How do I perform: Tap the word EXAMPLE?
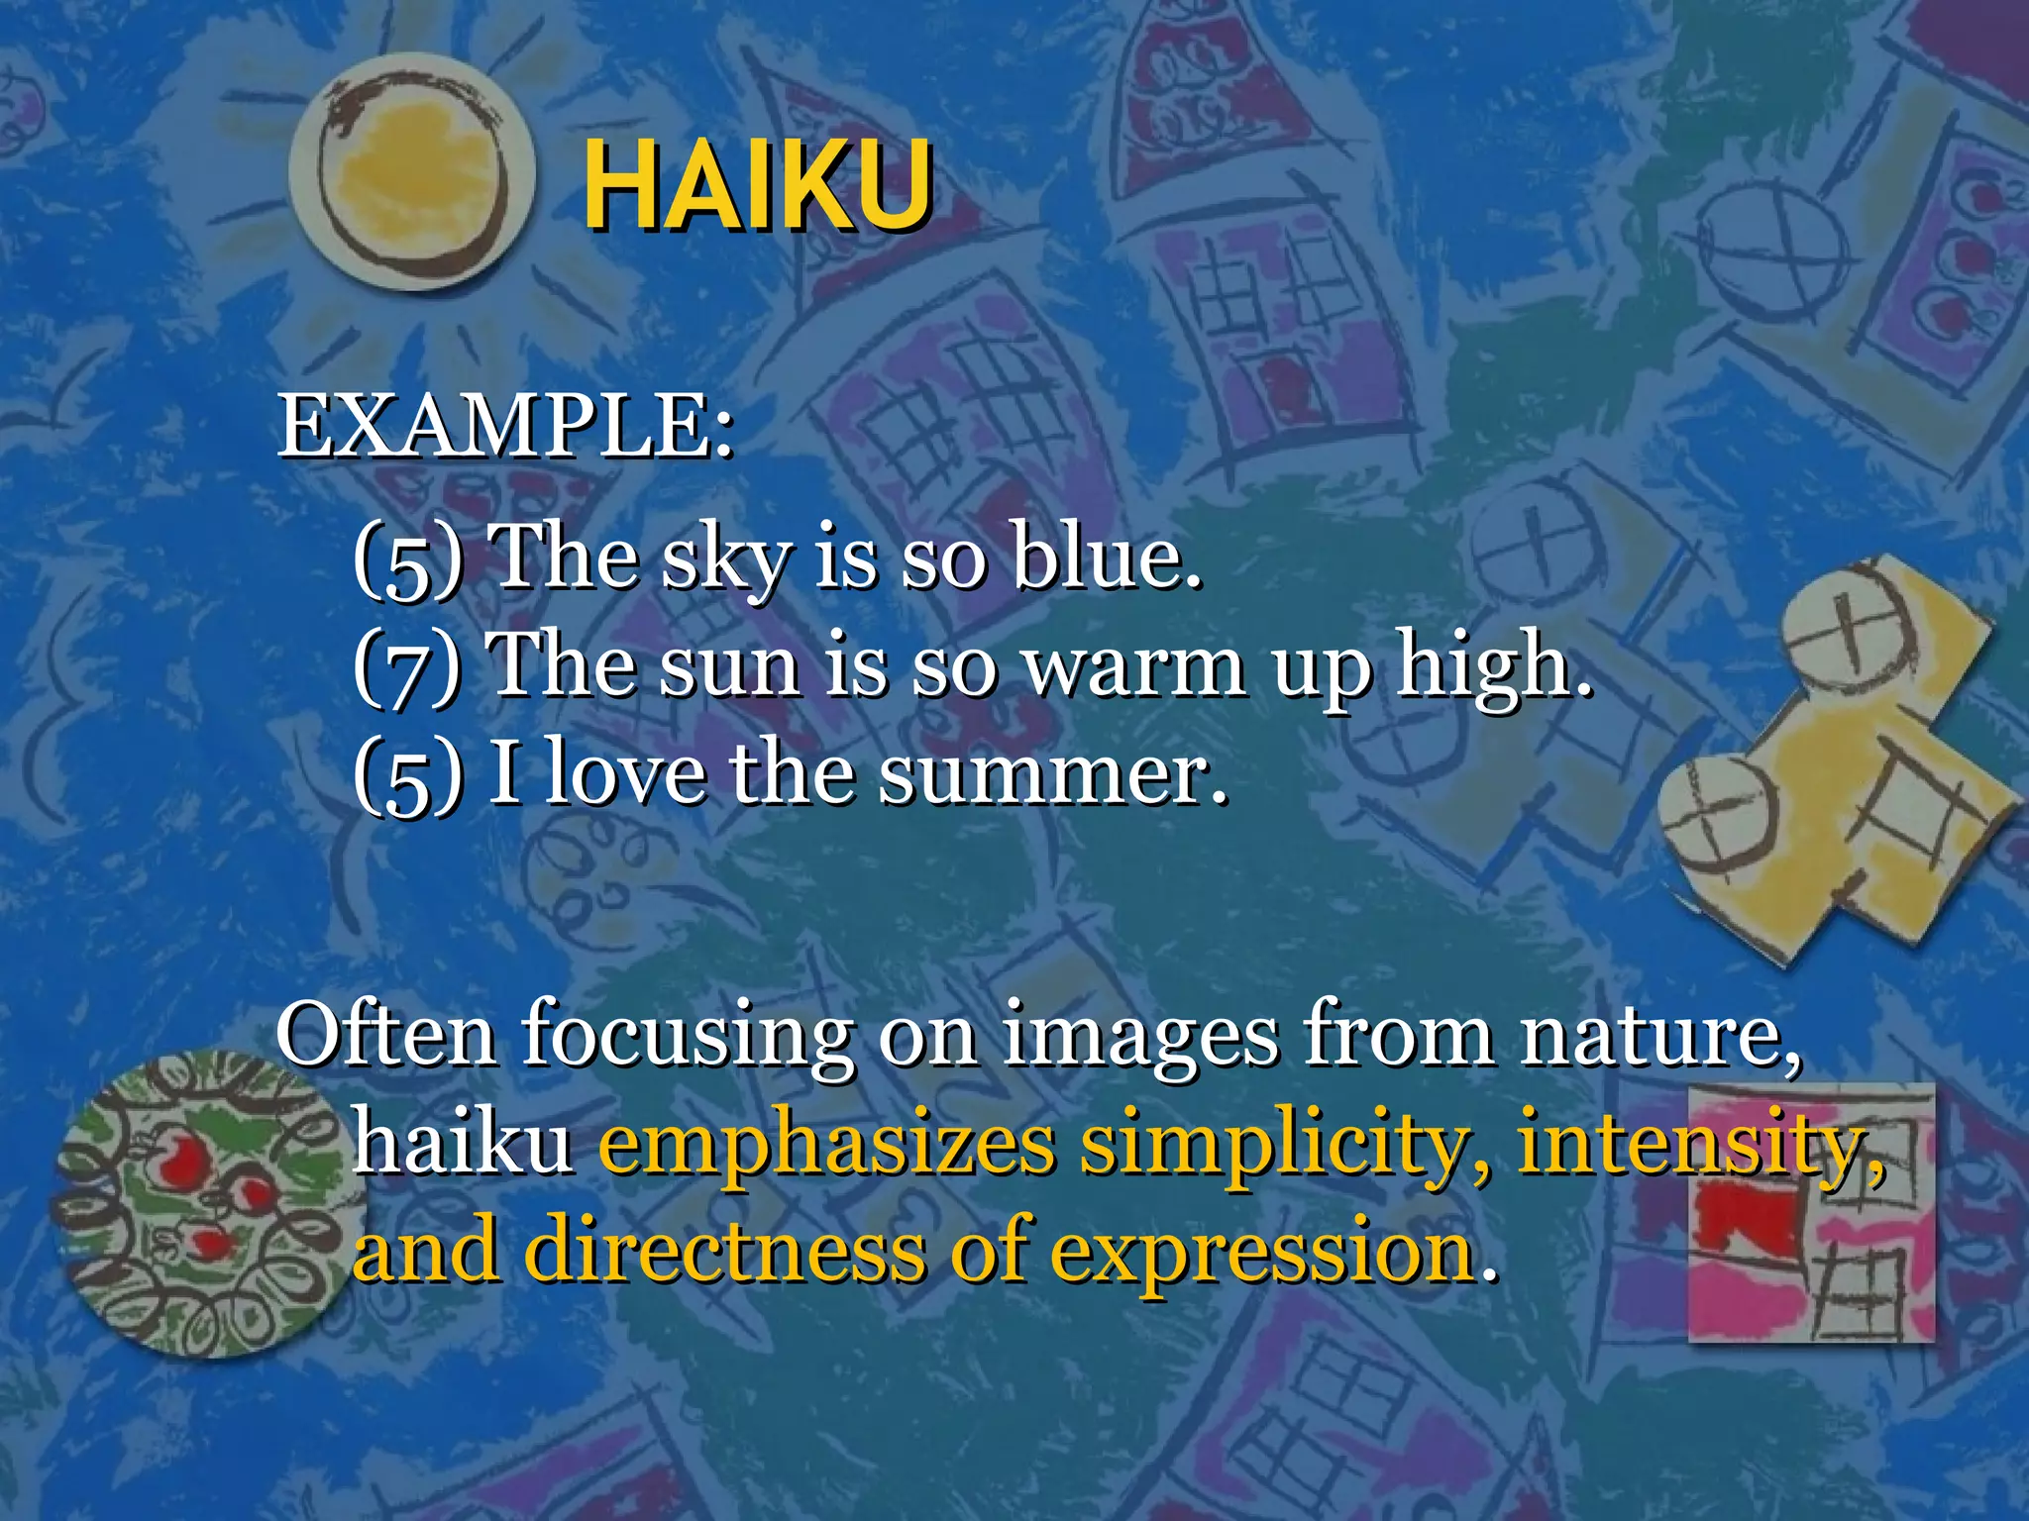click(505, 427)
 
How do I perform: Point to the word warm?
click(1134, 666)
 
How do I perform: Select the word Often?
click(386, 1035)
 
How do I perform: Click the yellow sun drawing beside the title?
click(410, 176)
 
